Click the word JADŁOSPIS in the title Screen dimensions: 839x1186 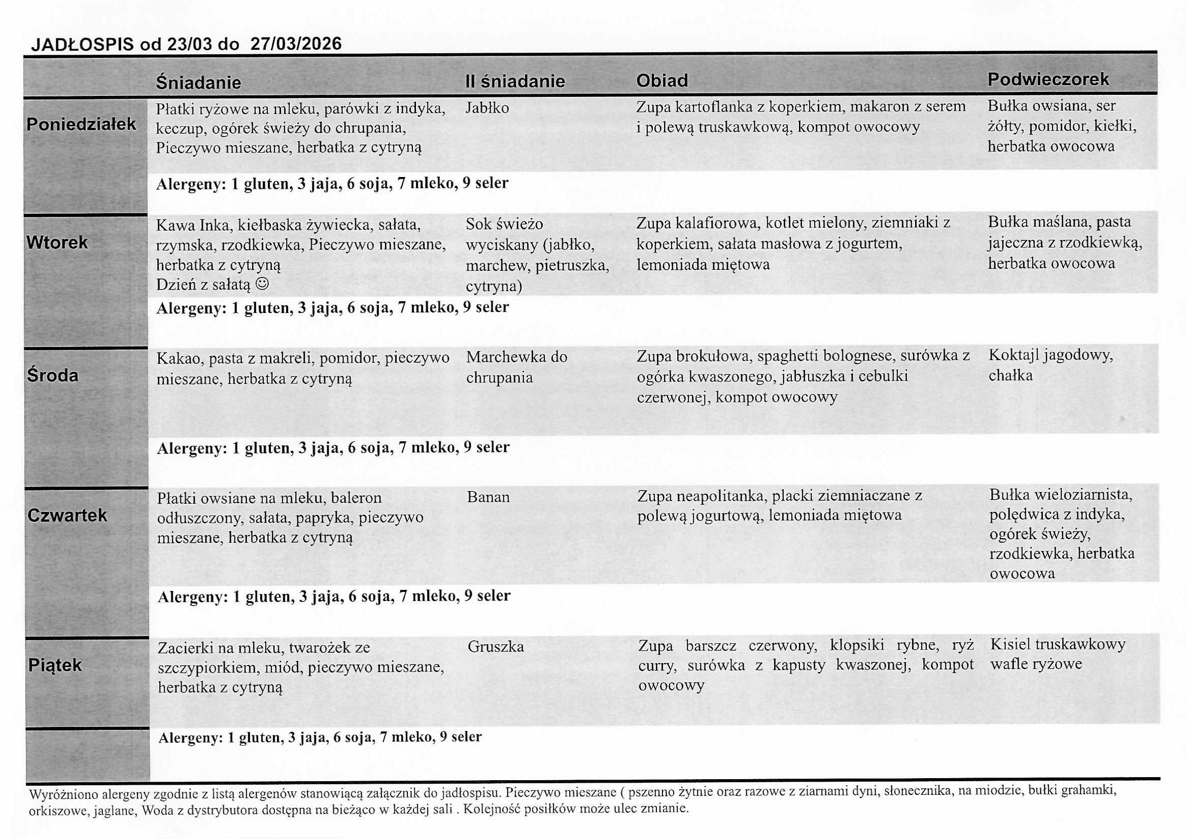pyautogui.click(x=83, y=45)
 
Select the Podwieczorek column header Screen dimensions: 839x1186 pyautogui.click(x=1048, y=79)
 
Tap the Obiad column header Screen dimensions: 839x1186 pyautogui.click(x=661, y=81)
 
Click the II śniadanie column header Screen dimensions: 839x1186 pyautogui.click(x=514, y=81)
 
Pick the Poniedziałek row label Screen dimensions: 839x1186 pyautogui.click(x=81, y=124)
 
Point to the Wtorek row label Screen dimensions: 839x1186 pyautogui.click(x=57, y=242)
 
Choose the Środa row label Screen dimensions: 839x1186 pyautogui.click(x=53, y=375)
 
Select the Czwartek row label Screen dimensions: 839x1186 pyautogui.click(x=67, y=515)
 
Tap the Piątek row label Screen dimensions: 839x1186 pyautogui.click(x=55, y=665)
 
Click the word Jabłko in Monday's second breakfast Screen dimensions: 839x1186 pyautogui.click(x=486, y=108)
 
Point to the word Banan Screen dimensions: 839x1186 pyautogui.click(x=488, y=497)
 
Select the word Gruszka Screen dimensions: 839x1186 pyautogui.click(x=496, y=647)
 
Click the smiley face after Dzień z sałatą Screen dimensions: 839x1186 pyautogui.click(x=262, y=284)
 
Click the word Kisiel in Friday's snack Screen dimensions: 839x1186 pyautogui.click(x=1010, y=644)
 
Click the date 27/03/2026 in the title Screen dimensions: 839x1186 pyautogui.click(x=295, y=44)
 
